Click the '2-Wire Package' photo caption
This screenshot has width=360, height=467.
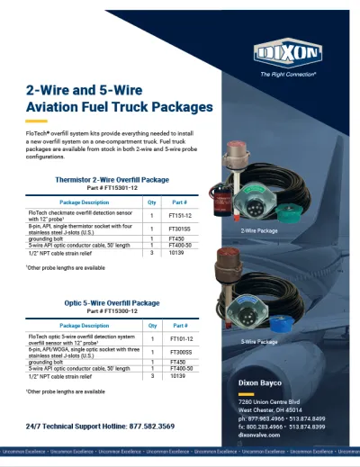pos(258,230)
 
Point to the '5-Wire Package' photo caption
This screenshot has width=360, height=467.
pos(258,343)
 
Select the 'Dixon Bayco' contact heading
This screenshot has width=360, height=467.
pos(261,382)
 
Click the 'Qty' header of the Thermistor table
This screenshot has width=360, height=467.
pos(152,202)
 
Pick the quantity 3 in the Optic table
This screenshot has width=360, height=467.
pos(152,375)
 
